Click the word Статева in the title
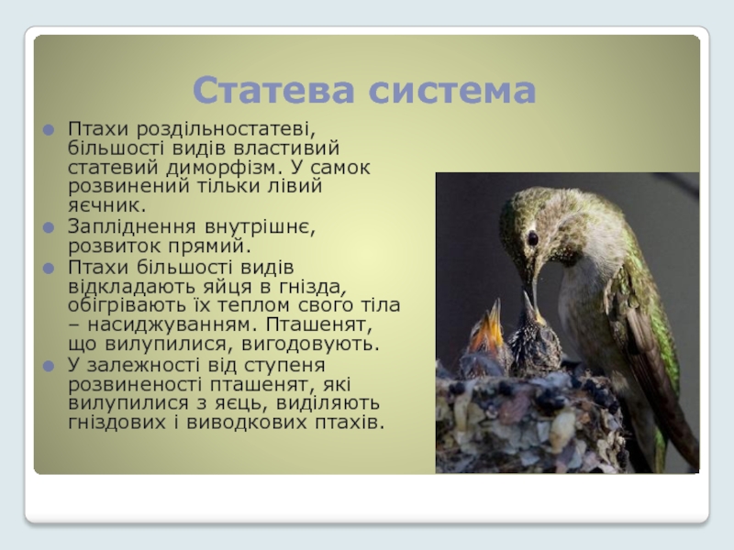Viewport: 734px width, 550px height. point(273,90)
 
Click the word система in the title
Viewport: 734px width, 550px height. point(452,91)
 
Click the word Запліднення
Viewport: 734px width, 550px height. point(132,226)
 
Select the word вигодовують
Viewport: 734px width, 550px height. point(310,345)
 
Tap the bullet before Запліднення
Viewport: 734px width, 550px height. point(49,227)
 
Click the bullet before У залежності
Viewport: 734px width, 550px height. point(49,366)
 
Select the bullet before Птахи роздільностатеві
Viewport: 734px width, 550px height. point(49,129)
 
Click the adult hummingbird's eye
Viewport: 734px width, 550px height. point(533,238)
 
